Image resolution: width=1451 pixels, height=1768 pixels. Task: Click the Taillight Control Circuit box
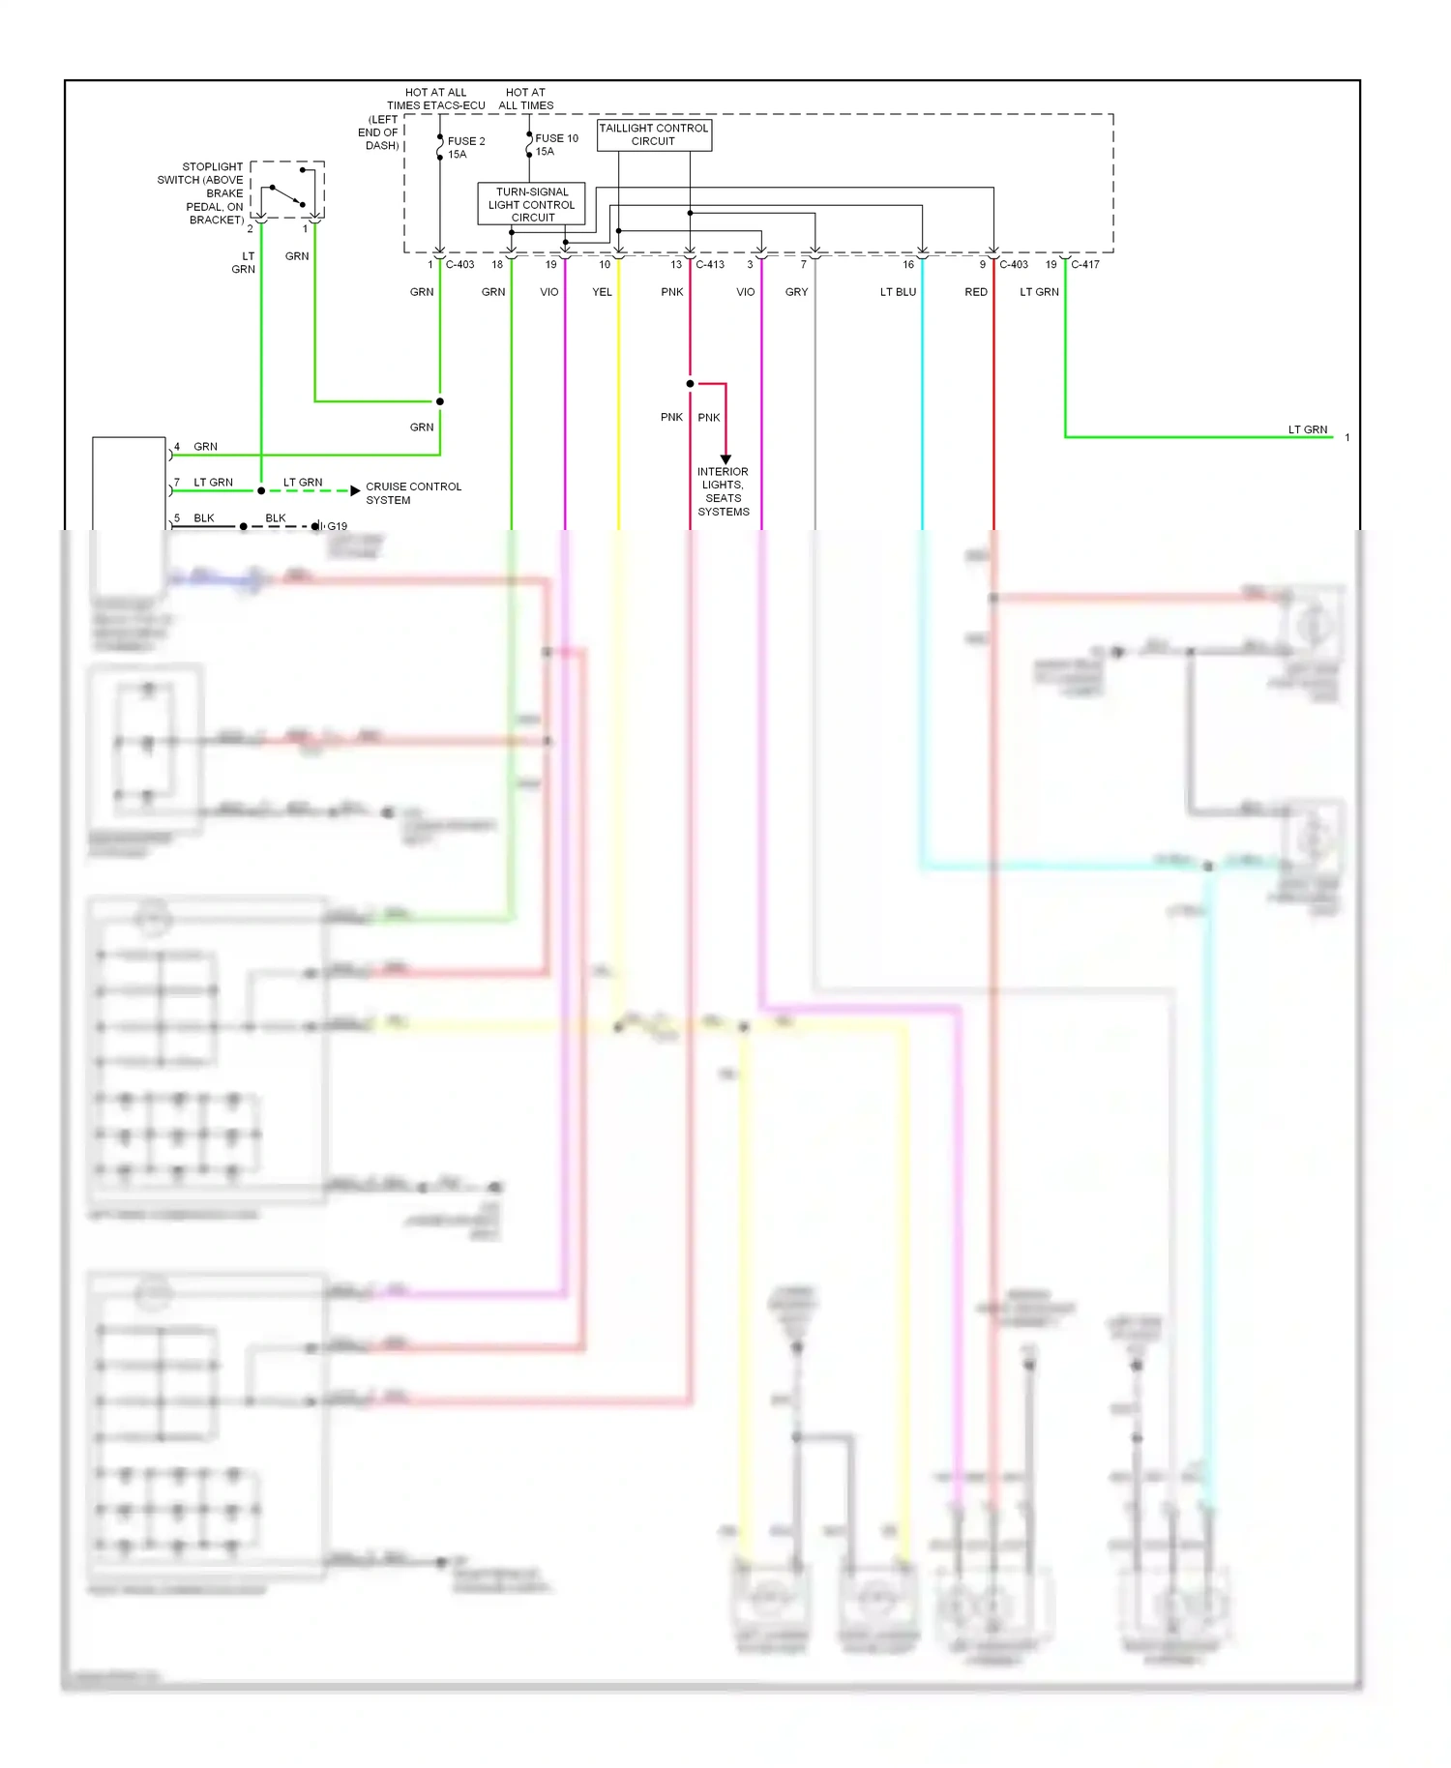coord(654,134)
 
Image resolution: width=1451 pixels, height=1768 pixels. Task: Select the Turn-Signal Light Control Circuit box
coord(531,204)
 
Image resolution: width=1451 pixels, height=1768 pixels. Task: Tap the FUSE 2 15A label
coord(465,147)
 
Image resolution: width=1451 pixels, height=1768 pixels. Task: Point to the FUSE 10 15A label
coord(556,144)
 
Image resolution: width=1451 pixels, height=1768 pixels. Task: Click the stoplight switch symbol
coord(287,191)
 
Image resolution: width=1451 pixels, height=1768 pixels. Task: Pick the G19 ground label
coord(337,526)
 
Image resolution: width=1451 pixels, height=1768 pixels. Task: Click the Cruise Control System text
coord(413,493)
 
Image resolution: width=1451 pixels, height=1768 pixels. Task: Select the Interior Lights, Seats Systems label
coord(723,491)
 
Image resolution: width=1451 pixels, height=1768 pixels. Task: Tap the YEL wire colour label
coord(602,292)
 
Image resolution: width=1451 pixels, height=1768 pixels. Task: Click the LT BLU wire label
coord(898,292)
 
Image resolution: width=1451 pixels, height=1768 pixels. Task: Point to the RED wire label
coord(976,292)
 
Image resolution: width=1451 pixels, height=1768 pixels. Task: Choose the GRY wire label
coord(796,292)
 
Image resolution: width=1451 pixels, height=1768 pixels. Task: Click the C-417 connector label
coord(1084,264)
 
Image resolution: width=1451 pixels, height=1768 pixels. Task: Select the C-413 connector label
coord(710,264)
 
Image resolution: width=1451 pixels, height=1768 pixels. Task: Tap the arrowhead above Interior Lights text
coord(725,459)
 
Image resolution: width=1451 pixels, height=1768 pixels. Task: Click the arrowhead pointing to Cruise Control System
coord(355,490)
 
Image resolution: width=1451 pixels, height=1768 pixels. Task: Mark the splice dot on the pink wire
coord(690,384)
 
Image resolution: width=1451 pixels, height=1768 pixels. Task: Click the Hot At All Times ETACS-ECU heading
coord(435,99)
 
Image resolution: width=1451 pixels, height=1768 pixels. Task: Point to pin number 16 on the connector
coord(908,264)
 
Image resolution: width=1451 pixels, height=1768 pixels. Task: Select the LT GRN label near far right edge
coord(1307,429)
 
